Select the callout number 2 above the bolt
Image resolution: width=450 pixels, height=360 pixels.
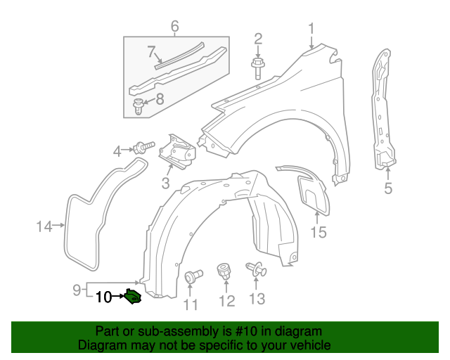[x=258, y=38]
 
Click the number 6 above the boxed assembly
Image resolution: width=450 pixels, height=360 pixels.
[x=174, y=27]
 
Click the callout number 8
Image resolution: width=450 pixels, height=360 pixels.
[x=160, y=100]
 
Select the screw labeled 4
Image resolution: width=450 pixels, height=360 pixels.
[x=145, y=148]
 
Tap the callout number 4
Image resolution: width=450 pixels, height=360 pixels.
[x=119, y=150]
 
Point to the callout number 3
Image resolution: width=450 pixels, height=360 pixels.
[x=165, y=184]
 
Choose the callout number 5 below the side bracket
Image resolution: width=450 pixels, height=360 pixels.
[x=388, y=188]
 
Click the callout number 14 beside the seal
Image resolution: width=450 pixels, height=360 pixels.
[x=44, y=226]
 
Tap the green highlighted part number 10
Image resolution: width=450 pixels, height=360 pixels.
[x=132, y=299]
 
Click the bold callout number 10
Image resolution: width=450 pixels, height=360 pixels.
[x=103, y=297]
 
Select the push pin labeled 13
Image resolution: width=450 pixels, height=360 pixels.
[x=255, y=270]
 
